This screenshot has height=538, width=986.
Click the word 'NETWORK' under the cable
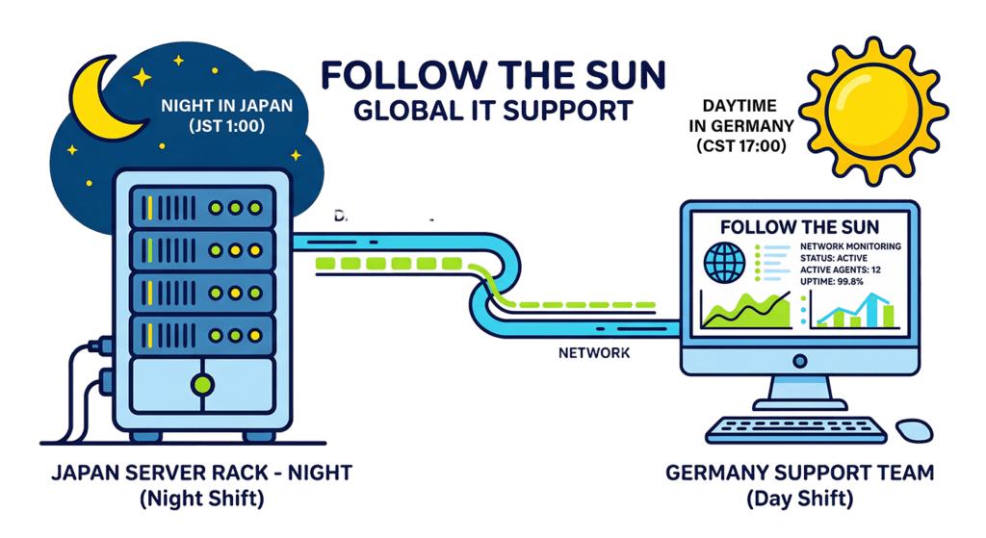tap(594, 353)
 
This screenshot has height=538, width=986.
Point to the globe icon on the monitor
tap(725, 263)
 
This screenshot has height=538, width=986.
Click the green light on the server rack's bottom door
tap(201, 384)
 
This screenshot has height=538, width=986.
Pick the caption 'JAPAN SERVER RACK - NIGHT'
tap(202, 474)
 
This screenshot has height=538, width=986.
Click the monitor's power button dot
tap(798, 360)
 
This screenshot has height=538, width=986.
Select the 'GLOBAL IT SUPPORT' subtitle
tap(493, 110)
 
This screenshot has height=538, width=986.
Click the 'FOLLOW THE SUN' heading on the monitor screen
tap(799, 228)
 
